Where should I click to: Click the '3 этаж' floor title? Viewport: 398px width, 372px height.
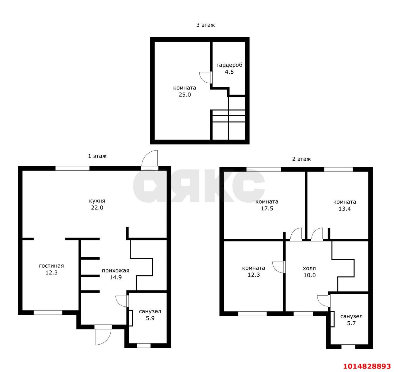coord(205,25)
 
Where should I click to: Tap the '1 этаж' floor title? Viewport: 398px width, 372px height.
coord(97,156)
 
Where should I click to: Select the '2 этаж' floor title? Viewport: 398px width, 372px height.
coord(301,159)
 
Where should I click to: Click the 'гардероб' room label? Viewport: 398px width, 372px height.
coord(229,65)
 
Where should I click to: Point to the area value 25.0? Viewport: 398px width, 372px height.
coord(184,95)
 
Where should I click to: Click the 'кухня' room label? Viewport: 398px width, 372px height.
coord(97,201)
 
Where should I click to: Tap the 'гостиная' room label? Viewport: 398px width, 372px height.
coord(51,266)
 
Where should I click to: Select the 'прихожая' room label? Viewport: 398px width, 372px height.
coord(115,270)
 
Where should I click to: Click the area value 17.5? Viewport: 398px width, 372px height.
coord(267,209)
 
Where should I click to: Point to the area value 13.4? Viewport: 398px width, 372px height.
coord(345,209)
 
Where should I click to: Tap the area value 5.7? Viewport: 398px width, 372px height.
coord(351,323)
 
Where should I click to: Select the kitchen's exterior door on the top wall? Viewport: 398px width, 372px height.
coord(150,160)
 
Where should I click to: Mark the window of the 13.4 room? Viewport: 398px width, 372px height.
coord(338,169)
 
